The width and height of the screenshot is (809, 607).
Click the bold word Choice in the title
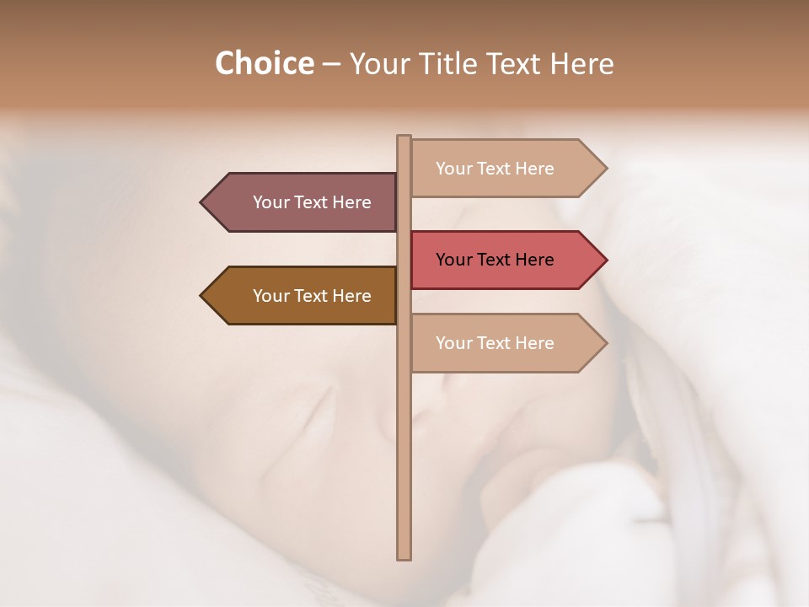click(x=264, y=63)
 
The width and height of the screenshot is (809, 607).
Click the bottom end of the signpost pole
click(x=404, y=556)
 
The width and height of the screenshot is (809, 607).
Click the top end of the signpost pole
click(x=404, y=138)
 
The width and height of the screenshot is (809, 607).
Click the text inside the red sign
click(x=495, y=260)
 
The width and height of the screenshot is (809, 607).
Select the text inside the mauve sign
click(x=312, y=202)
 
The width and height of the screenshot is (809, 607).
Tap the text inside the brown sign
click(x=312, y=296)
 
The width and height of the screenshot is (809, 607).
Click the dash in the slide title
click(x=331, y=65)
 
